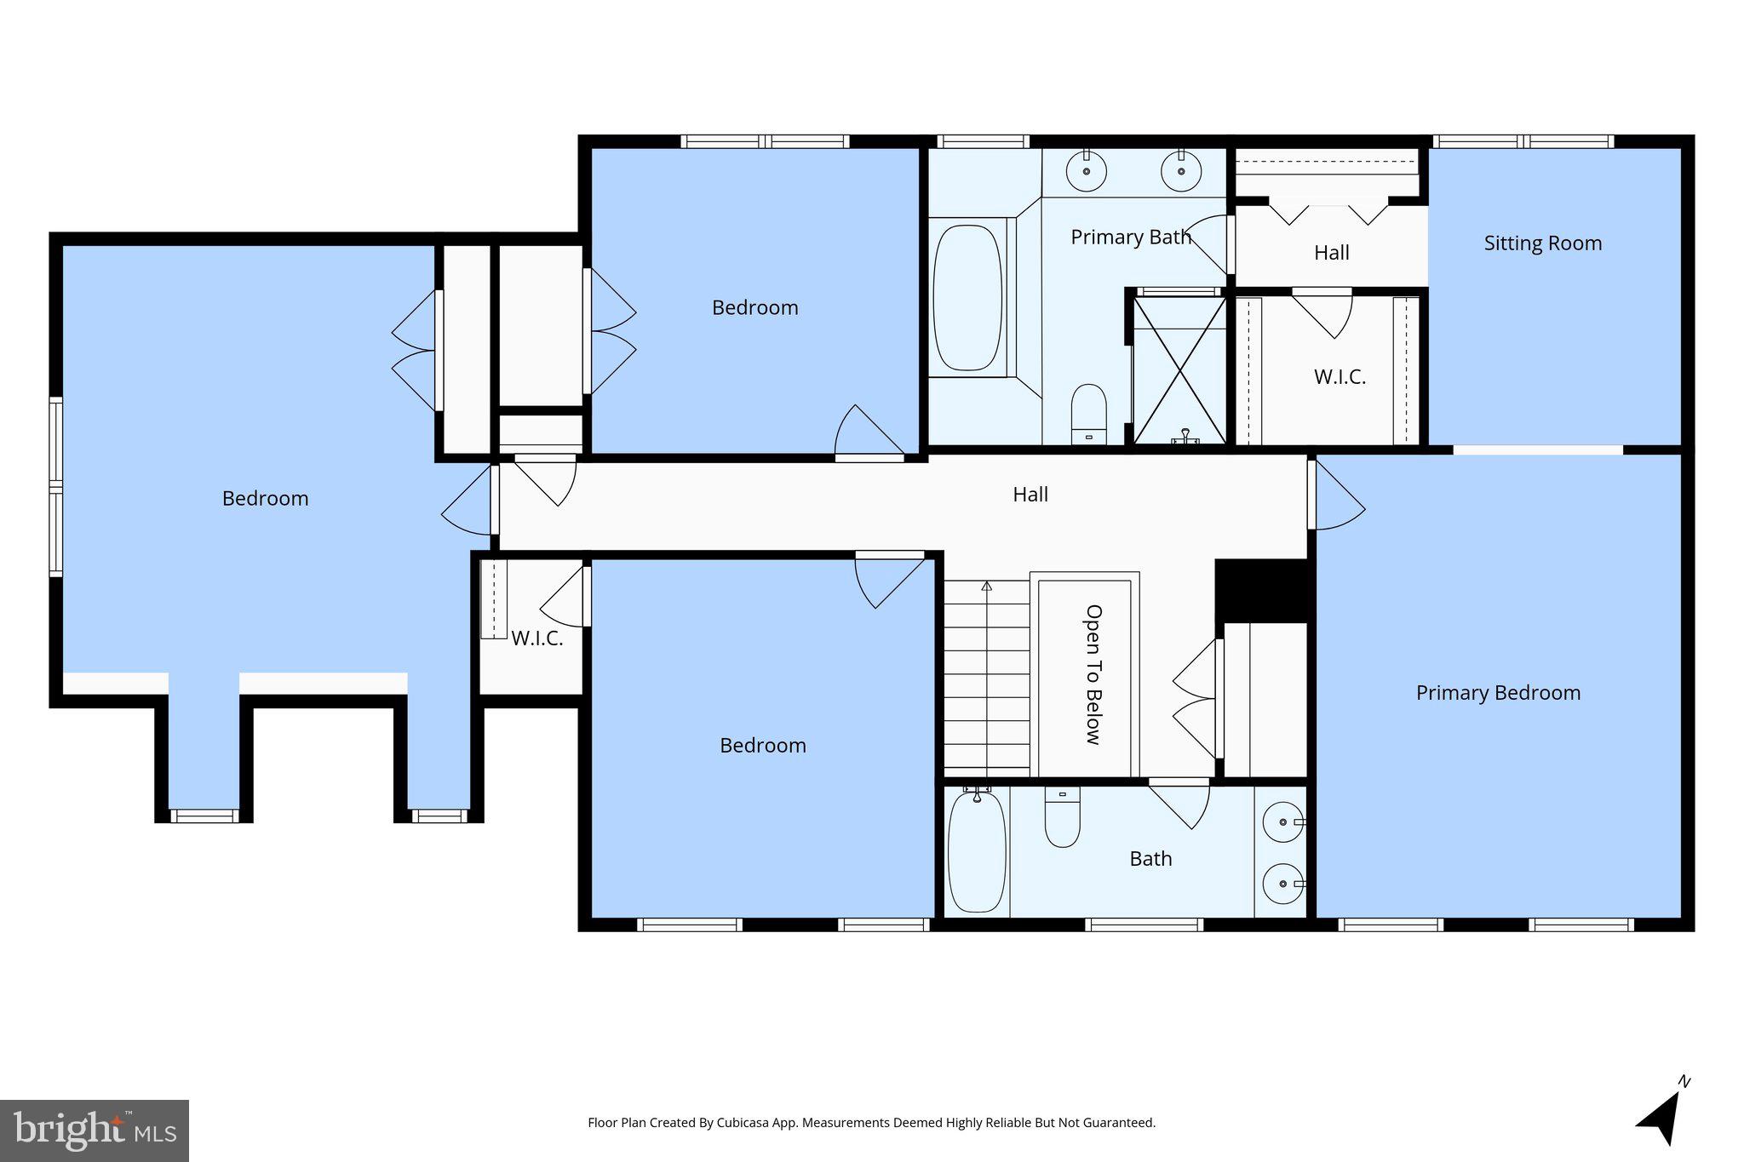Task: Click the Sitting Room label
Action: pos(1542,243)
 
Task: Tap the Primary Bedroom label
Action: pos(1498,693)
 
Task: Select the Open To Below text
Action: pos(1093,674)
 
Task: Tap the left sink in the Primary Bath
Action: pos(1087,171)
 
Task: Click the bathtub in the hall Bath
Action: pos(977,851)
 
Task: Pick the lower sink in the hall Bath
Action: pos(1282,884)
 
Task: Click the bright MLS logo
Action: pos(95,1131)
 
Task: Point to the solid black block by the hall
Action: pos(1261,590)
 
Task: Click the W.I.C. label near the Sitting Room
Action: pos(1340,377)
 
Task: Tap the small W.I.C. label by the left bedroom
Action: pos(536,638)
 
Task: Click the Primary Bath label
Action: pos(1130,238)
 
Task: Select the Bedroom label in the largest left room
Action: pos(265,499)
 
